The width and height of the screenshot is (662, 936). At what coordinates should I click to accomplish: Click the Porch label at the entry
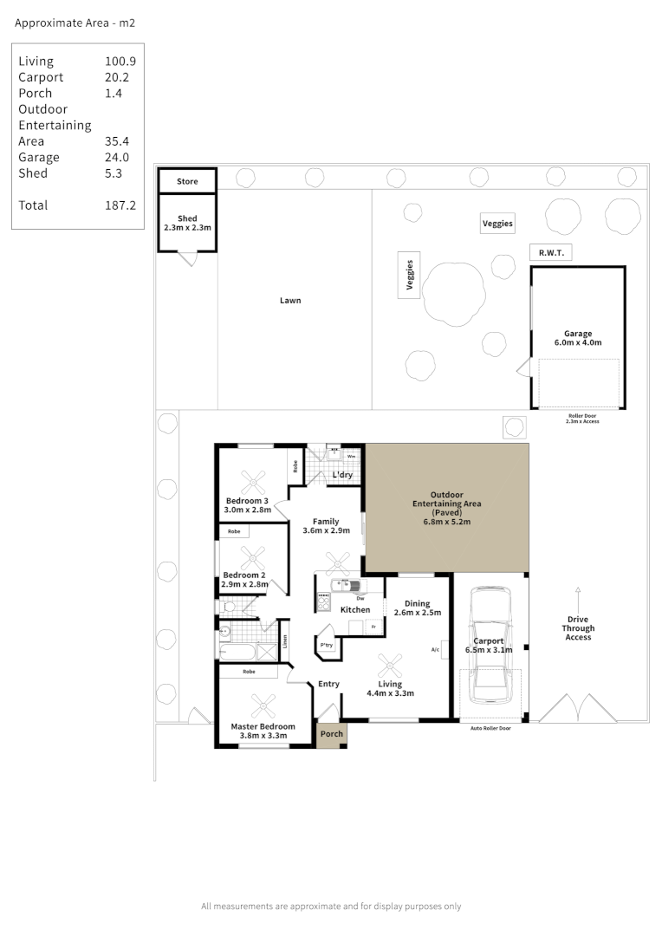point(331,734)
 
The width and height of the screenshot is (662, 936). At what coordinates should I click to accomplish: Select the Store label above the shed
point(187,181)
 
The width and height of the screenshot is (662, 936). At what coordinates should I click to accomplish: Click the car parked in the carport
point(490,646)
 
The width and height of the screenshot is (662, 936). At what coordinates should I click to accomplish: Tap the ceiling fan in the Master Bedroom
point(263,704)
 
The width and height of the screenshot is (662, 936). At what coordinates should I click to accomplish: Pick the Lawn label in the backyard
point(290,301)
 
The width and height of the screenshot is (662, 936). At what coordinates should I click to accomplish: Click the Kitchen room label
point(355,610)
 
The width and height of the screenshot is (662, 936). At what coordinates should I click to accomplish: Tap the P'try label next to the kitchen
point(327,646)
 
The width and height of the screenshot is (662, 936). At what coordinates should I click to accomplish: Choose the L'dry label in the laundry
point(341,475)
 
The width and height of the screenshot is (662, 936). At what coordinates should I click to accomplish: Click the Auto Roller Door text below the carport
point(490,729)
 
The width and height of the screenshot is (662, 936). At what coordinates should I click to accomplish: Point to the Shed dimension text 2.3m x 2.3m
point(187,227)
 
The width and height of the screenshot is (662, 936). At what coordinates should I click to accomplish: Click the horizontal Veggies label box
point(497,224)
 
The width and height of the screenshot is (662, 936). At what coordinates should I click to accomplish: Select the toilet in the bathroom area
point(227,608)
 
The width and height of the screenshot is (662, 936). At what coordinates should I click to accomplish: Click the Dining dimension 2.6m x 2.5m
point(419,613)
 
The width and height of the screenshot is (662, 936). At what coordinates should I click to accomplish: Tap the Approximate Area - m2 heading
point(75,24)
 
